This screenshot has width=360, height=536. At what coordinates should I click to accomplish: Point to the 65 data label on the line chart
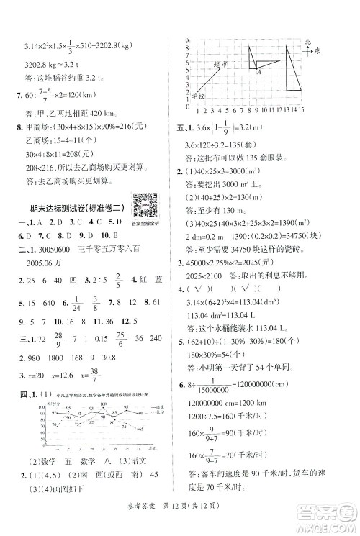coord(141,429)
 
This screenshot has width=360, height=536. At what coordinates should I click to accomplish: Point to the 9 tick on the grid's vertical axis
coord(186,40)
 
